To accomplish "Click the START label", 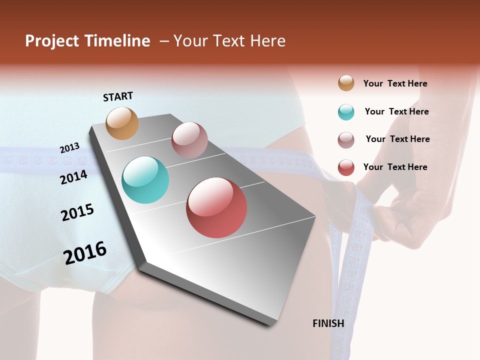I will (118, 96).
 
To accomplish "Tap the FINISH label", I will (328, 323).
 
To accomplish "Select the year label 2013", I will (69, 148).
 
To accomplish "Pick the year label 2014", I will (73, 177).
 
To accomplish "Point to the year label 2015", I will (77, 212).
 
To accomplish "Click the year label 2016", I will (85, 253).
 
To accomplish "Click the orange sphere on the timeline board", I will (122, 123).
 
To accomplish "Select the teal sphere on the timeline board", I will (145, 180).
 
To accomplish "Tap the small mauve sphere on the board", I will (189, 140).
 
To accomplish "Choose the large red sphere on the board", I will (216, 207).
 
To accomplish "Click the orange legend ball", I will (346, 83).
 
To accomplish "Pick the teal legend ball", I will (346, 112).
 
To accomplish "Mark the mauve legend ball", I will (346, 140).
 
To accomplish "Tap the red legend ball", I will (346, 167).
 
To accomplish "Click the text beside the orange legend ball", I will (395, 83).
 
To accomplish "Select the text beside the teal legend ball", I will (396, 111).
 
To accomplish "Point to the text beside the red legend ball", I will (395, 167).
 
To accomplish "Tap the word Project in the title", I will (52, 41).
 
